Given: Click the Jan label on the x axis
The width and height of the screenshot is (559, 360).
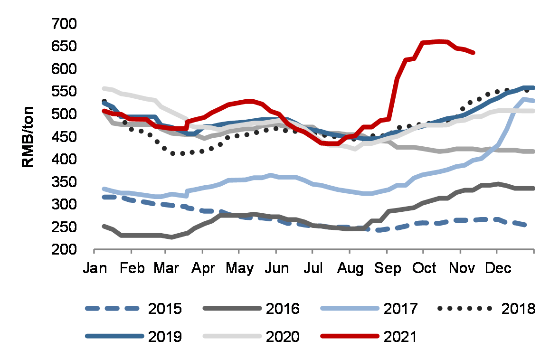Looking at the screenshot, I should pos(95,269).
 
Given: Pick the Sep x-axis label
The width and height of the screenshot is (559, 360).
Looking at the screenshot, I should pos(387,269).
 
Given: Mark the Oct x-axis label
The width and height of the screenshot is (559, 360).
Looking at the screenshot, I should pos(424,269).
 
